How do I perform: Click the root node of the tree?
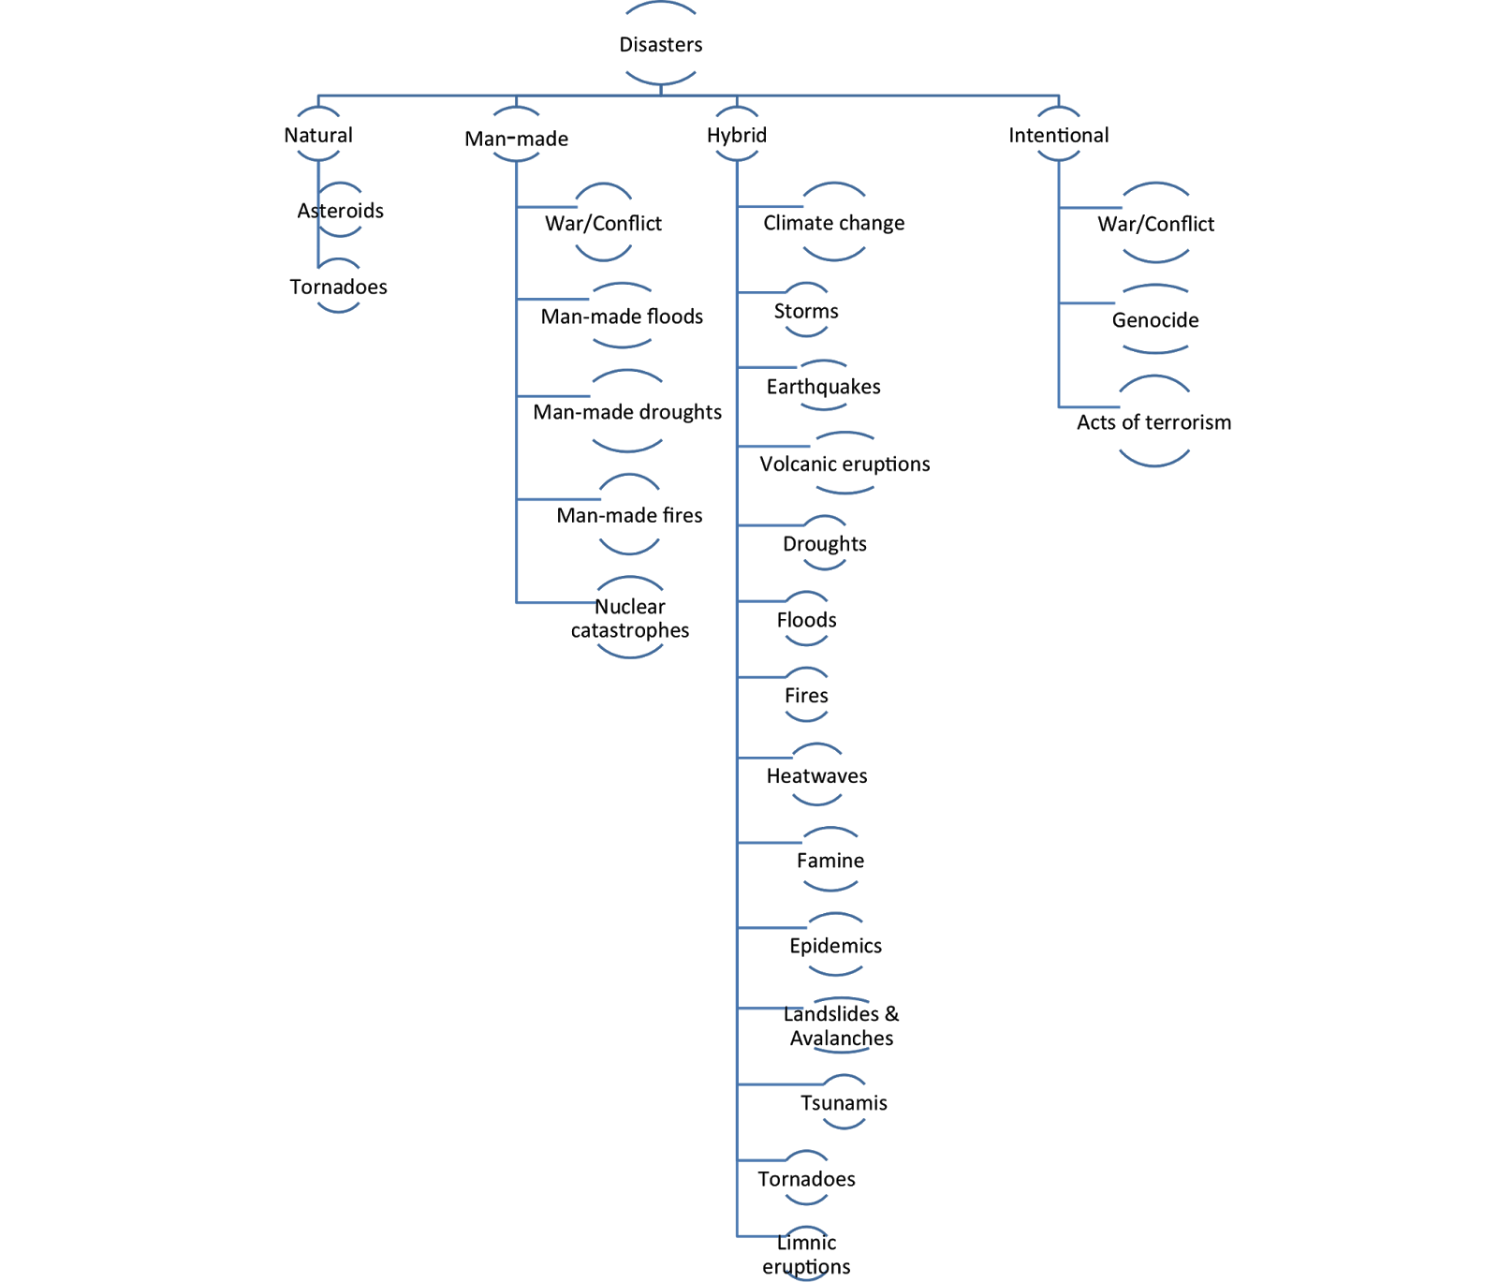pos(661,44)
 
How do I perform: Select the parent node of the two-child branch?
pos(318,133)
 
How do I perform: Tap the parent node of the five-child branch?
pos(517,133)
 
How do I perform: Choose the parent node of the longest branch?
pos(737,133)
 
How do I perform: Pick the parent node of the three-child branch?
pos(1059,133)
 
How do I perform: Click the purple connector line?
pos(771,206)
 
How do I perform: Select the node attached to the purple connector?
pos(834,221)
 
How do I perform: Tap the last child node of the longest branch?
pos(806,1252)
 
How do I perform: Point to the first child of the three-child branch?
pos(1156,222)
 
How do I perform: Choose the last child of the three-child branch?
pos(1154,420)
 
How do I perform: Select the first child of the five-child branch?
pos(603,221)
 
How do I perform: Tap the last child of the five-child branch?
pos(630,617)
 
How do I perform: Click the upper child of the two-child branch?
pos(340,208)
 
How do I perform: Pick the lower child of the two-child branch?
pos(339,285)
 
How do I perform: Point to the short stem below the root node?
pos(661,90)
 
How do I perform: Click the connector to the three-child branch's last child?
pos(1089,407)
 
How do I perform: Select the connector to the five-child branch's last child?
pos(556,603)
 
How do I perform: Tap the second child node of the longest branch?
pos(806,308)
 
